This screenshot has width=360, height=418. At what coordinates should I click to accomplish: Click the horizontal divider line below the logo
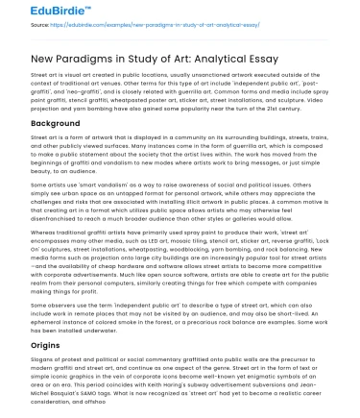[x=180, y=36]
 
